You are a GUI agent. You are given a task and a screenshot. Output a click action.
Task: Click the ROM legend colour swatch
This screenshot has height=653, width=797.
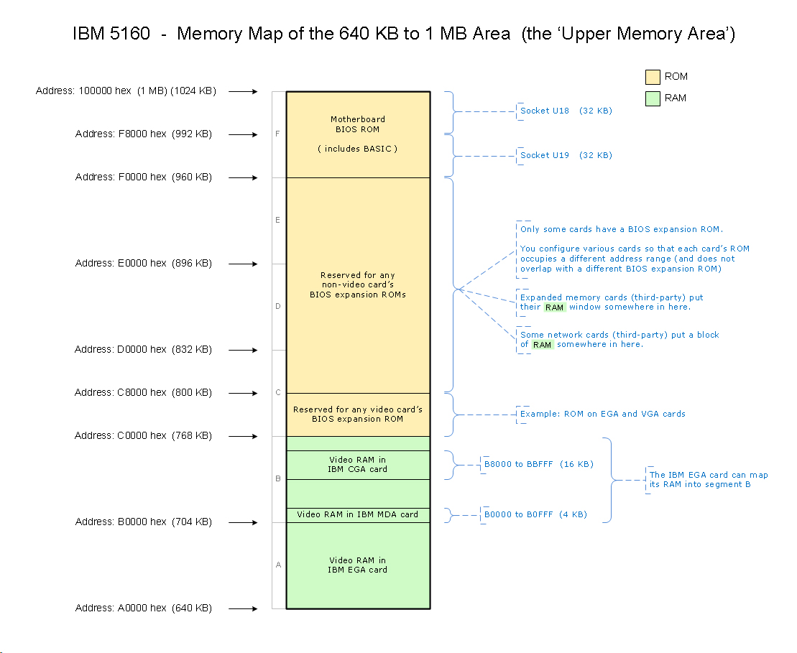coord(653,77)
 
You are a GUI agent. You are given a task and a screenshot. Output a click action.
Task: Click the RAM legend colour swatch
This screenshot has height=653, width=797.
coord(653,98)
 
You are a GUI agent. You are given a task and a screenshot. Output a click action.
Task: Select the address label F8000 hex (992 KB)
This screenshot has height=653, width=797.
coord(143,134)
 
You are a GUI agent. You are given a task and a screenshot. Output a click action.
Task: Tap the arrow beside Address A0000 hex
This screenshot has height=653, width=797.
coord(244,608)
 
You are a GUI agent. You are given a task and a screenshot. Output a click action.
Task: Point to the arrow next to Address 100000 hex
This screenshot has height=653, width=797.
coord(244,91)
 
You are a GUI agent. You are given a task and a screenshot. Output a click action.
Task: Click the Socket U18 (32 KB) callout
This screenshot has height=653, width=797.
coord(566,111)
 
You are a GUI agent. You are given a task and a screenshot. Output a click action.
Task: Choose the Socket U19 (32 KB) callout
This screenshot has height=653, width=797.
coord(566,155)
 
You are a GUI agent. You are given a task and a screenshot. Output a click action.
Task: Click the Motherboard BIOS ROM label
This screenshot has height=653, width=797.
coord(357,124)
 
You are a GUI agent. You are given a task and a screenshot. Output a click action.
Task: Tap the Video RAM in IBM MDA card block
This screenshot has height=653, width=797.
coord(357,514)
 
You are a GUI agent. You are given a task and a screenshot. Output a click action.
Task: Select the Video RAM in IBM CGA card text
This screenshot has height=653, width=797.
coord(357,465)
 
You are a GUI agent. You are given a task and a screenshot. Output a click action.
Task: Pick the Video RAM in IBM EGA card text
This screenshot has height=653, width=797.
coord(357,565)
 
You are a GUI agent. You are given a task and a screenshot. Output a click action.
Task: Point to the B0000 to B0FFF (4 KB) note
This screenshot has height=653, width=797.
coord(535,514)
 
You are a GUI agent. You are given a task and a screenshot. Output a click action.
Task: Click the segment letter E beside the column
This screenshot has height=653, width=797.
coord(278,221)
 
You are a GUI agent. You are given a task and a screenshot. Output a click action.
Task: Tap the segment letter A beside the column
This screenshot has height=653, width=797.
coord(278,565)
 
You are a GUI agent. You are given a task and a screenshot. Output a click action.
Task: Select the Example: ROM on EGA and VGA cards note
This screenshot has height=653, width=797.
coord(602,414)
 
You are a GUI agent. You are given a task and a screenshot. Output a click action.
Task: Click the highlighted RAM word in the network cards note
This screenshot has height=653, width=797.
coord(543,345)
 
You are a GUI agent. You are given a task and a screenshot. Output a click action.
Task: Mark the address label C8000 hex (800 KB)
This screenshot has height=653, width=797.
coord(143,393)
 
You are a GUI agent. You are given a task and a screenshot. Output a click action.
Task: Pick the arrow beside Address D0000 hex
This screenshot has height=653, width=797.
coord(244,350)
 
